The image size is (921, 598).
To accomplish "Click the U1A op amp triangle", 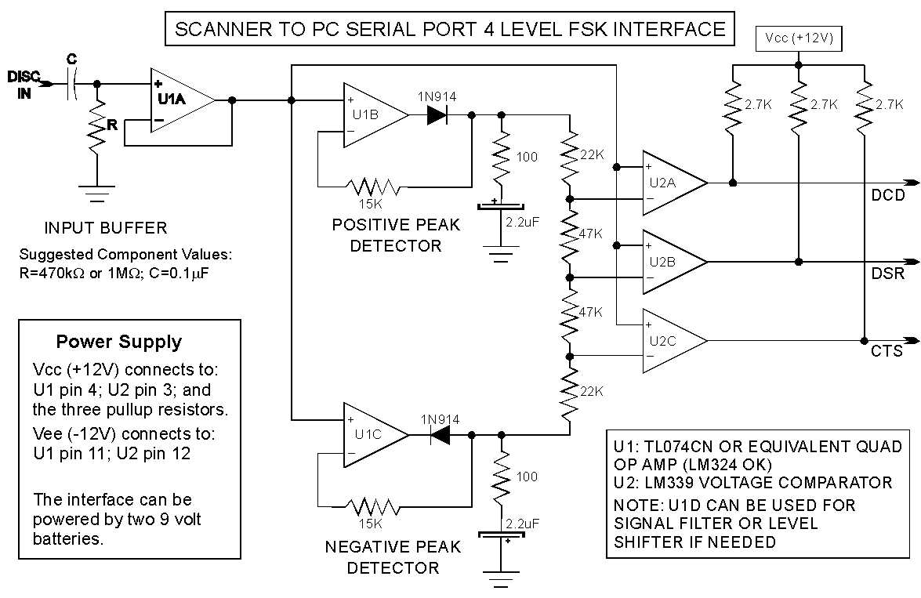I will pos(179,100).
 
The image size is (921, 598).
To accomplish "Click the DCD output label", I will pos(887,196).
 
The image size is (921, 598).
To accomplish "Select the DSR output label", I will pos(887,274).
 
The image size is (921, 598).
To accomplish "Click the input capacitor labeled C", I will pos(71,85).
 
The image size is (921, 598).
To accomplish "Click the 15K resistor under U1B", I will pos(375,187).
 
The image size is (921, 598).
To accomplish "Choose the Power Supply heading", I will pos(118,342).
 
